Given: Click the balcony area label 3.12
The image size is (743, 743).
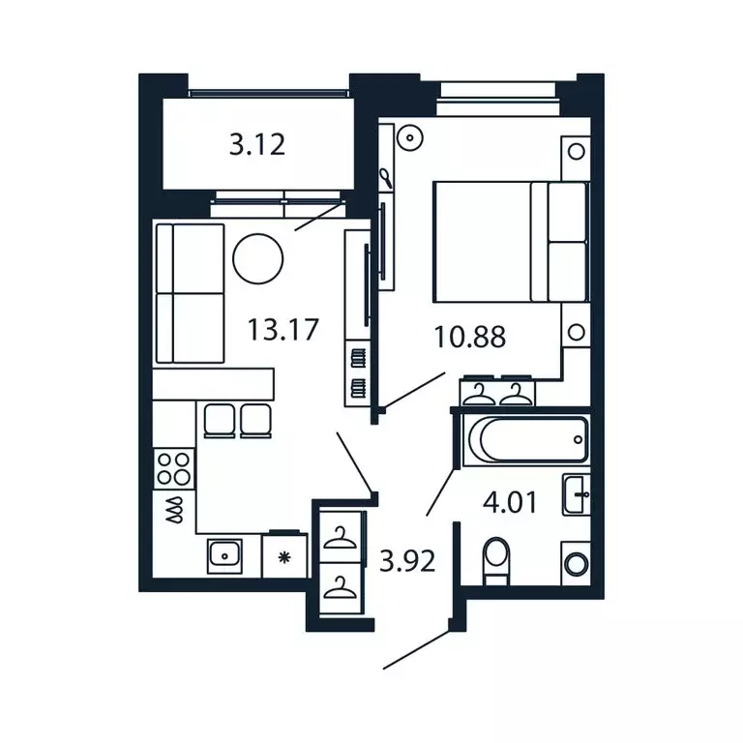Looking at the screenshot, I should pos(257,146).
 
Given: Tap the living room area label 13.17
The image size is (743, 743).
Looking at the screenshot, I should pos(282,331).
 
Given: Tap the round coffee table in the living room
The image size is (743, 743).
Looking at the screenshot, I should pos(258,258).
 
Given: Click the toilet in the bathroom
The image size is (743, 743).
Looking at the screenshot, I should pos(495,559).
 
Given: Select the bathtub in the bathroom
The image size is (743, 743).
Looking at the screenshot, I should pos(525,441).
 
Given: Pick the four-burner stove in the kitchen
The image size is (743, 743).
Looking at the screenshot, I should pos(174,468).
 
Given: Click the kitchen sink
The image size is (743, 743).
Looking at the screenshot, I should pos(227,555).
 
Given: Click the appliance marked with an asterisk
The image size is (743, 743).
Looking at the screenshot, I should pos(285,556).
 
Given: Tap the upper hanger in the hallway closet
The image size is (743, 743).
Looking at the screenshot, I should pos(340,537).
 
